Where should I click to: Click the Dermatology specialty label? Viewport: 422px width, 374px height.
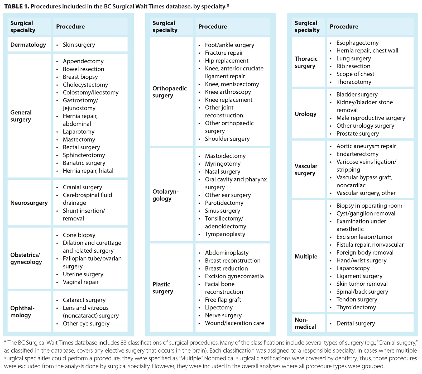coord(28,45)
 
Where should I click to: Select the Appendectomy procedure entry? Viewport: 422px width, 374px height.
coord(83,61)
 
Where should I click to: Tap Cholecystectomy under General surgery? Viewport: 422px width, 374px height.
coord(85,85)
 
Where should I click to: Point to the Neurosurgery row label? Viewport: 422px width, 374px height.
coord(29,203)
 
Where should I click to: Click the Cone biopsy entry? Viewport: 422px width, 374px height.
coord(79,235)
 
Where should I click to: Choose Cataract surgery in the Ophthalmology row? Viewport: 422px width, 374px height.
coord(84,300)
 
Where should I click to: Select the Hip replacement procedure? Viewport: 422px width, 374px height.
coord(227,61)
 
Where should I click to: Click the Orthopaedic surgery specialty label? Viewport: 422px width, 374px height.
coord(169,92)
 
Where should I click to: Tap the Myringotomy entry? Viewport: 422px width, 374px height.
coord(223,164)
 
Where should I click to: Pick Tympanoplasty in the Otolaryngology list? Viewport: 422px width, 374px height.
coord(225,234)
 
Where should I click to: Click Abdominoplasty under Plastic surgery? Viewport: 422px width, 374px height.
coord(227,253)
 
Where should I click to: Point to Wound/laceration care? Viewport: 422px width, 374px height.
coord(234,323)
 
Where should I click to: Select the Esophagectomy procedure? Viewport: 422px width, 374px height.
coord(357,43)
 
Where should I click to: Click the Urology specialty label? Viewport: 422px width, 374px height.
coord(305,114)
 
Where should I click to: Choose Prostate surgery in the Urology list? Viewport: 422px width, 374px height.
coord(357,134)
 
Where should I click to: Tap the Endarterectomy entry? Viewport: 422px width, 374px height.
coord(357,154)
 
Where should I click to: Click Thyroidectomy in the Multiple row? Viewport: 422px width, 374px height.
coord(356,307)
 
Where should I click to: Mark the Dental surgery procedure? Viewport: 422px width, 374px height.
coord(355,323)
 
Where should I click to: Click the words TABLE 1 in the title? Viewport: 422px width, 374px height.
coord(16,7)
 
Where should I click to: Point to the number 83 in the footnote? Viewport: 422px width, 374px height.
coord(123,343)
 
